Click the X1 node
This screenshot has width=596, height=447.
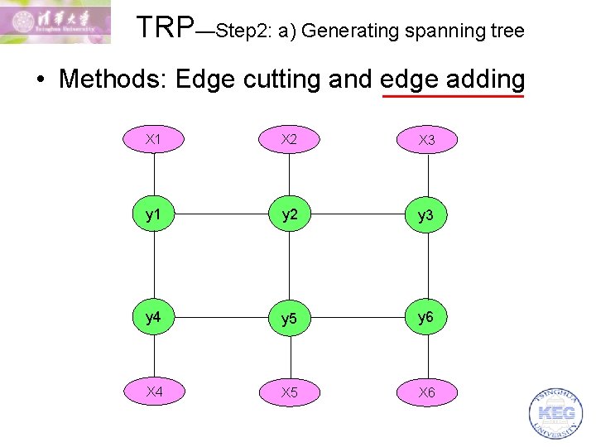coord(154,139)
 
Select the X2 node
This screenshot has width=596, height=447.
coord(289,139)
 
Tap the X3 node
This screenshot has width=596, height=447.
coord(427,140)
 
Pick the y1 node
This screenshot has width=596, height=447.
coord(154,215)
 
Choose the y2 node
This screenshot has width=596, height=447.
coord(289,215)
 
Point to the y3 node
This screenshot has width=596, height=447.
coord(427,216)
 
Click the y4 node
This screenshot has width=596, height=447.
coord(154,317)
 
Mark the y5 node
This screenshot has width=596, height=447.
coord(289,319)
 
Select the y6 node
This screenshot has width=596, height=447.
coord(427,317)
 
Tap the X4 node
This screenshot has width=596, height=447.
coord(154,392)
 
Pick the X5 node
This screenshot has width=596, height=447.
coord(289,392)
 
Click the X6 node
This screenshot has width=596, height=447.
coord(427,392)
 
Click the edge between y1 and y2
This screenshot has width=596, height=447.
coord(221,215)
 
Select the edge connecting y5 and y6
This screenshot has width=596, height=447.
coord(358,318)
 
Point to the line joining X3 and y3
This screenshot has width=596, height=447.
coord(427,177)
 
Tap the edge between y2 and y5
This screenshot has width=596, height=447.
coord(289,267)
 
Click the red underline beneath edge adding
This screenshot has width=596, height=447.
coord(452,97)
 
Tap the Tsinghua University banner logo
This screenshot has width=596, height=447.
coord(55,22)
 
